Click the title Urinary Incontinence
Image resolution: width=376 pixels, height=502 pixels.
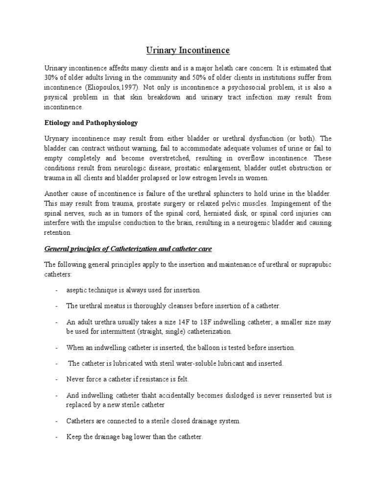pyautogui.click(x=188, y=50)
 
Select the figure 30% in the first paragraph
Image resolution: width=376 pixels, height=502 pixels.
pyautogui.click(x=51, y=77)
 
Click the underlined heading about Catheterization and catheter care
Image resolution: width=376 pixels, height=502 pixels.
pyautogui.click(x=128, y=249)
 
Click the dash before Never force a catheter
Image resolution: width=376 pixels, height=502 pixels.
pyautogui.click(x=57, y=379)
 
